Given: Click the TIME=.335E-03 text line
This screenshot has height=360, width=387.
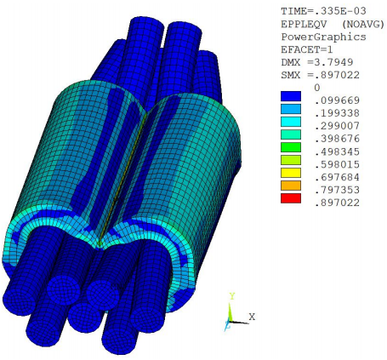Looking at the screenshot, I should click(x=319, y=10).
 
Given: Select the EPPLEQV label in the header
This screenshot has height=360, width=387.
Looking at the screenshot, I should click(x=302, y=23).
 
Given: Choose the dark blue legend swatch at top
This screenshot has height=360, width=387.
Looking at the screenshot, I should click(x=292, y=97).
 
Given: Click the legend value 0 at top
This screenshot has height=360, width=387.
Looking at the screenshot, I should click(x=316, y=87).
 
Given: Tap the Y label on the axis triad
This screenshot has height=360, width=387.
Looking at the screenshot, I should click(x=230, y=295).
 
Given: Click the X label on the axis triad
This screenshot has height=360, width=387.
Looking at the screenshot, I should click(x=253, y=317).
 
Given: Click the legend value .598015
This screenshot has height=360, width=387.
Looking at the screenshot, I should click(x=335, y=167).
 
